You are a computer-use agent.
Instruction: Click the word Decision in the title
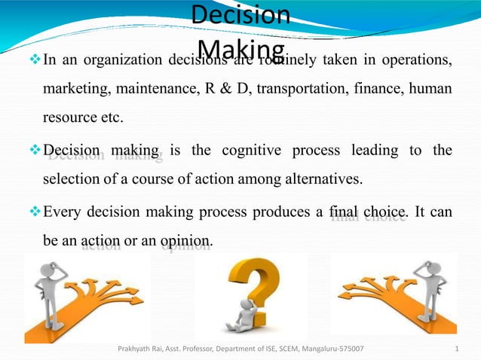point(240,14)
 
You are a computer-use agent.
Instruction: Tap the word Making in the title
point(240,49)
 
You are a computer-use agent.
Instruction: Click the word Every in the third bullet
point(63,212)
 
